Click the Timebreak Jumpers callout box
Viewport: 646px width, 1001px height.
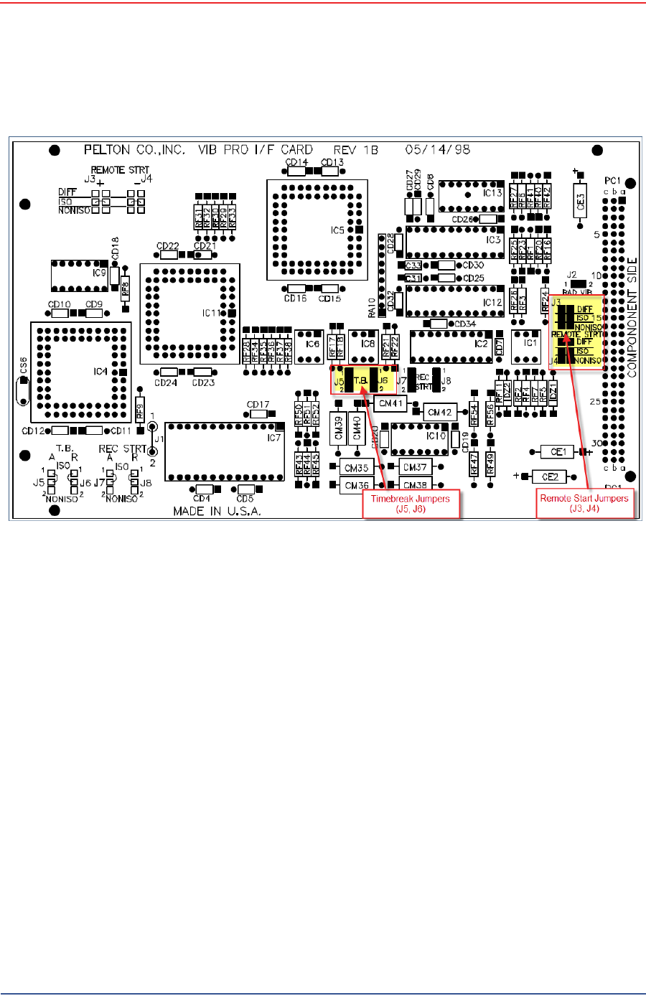[410, 504]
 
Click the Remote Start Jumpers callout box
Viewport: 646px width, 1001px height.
[584, 503]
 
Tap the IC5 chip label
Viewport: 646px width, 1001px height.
[337, 230]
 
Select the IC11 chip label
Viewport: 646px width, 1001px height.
[210, 313]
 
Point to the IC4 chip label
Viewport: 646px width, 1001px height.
[100, 371]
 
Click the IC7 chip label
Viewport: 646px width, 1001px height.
[273, 438]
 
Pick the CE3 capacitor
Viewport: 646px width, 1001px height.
[581, 200]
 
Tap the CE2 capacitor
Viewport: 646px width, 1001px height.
[550, 476]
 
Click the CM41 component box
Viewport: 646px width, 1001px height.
[391, 403]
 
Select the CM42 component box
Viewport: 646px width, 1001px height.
[439, 413]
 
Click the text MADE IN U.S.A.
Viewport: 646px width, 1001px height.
[217, 512]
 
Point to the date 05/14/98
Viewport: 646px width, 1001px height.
[438, 150]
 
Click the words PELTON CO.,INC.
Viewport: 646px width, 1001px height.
[134, 150]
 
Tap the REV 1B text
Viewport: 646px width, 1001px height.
[356, 150]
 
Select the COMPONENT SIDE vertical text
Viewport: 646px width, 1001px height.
[632, 316]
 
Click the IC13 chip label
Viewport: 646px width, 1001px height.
[492, 193]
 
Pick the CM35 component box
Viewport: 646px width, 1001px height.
[356, 468]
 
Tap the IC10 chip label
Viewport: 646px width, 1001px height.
[435, 436]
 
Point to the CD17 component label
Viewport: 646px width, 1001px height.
[258, 405]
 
